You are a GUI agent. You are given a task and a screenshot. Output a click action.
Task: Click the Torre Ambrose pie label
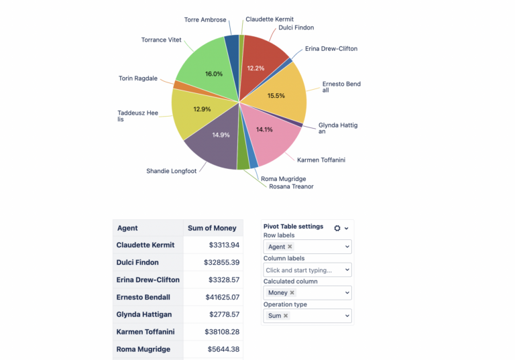pyautogui.click(x=205, y=20)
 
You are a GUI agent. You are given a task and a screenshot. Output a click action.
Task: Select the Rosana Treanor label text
pyautogui.click(x=291, y=186)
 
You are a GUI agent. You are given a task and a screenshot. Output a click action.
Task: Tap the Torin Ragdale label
pyautogui.click(x=138, y=78)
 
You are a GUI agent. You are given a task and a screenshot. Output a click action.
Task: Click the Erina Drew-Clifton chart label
pyautogui.click(x=331, y=49)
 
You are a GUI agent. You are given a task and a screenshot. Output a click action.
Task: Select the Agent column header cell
pyautogui.click(x=127, y=228)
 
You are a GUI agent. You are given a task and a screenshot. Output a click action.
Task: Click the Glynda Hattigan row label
pyautogui.click(x=144, y=314)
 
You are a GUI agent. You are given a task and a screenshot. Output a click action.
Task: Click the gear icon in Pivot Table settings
pyautogui.click(x=337, y=228)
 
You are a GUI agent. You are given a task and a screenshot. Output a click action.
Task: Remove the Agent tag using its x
pyautogui.click(x=290, y=247)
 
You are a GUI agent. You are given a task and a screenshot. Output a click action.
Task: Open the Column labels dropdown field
pyautogui.click(x=307, y=269)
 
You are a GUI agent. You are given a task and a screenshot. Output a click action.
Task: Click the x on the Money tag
pyautogui.click(x=292, y=293)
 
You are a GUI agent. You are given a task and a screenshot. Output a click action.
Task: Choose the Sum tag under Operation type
pyautogui.click(x=275, y=316)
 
